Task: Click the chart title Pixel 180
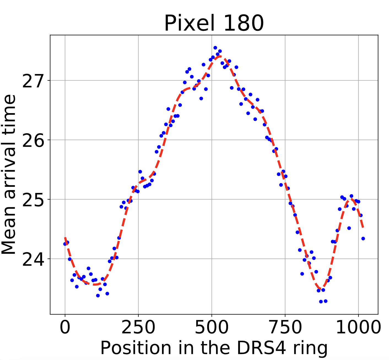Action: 214,23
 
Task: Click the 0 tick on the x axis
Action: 65,328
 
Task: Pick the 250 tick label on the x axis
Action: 138,328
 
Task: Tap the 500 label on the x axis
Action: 212,328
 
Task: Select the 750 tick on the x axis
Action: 285,328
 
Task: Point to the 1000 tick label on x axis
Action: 358,328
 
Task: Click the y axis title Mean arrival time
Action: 9,174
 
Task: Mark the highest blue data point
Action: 215,48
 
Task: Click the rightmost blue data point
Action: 363,239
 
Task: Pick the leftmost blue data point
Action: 65,244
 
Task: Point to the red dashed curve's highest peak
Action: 220,56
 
